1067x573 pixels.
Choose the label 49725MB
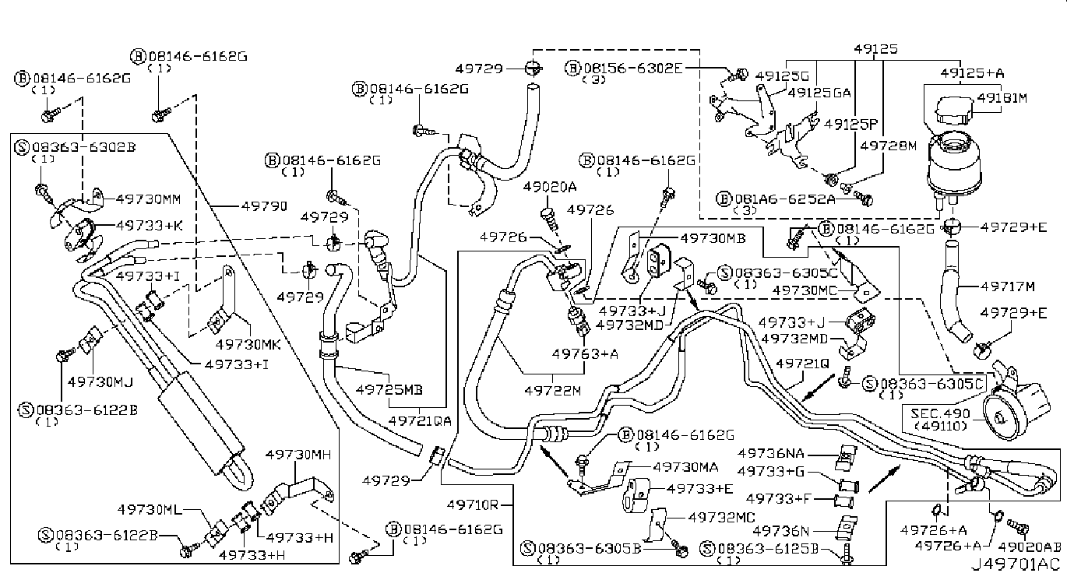tap(389, 388)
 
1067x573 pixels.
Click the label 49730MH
tap(298, 454)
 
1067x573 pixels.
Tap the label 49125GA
tap(819, 92)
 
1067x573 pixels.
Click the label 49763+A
tap(585, 353)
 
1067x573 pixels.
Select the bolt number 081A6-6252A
tap(787, 199)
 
